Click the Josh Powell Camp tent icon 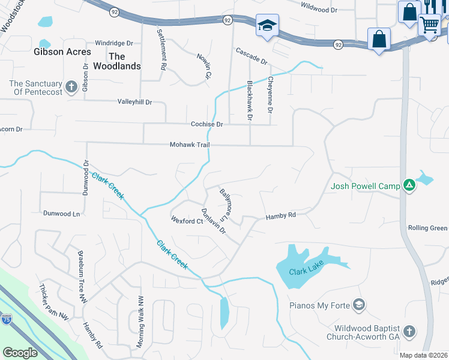pyautogui.click(x=409, y=185)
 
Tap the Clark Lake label pyautogui.click(x=306, y=271)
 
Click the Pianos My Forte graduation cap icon pyautogui.click(x=359, y=305)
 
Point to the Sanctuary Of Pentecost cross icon pyautogui.click(x=71, y=87)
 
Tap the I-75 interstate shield pyautogui.click(x=6, y=319)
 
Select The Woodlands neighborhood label pyautogui.click(x=117, y=61)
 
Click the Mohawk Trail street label pyautogui.click(x=189, y=145)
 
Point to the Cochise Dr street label pyautogui.click(x=206, y=124)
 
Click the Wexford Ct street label pyautogui.click(x=187, y=221)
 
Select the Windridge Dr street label pyautogui.click(x=114, y=43)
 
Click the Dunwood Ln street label pyautogui.click(x=61, y=213)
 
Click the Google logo pyautogui.click(x=20, y=353)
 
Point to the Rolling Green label pyautogui.click(x=427, y=228)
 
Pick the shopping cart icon pyautogui.click(x=430, y=25)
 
